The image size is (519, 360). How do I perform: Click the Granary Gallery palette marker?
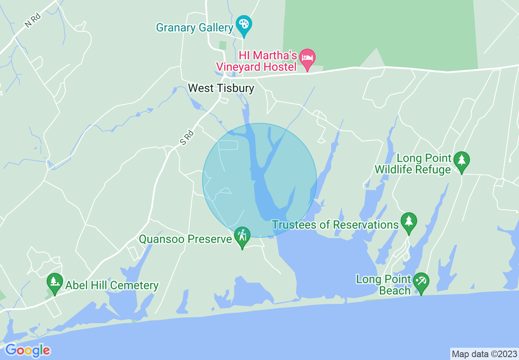pyautogui.click(x=244, y=22)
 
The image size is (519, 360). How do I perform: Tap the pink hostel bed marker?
pyautogui.click(x=307, y=58)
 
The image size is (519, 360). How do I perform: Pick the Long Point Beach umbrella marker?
pyautogui.click(x=421, y=281)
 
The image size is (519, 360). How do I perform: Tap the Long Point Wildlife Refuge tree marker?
pyautogui.click(x=462, y=160)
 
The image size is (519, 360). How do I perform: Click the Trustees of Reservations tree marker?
pyautogui.click(x=408, y=221)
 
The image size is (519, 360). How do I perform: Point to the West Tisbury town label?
pyautogui.click(x=221, y=88)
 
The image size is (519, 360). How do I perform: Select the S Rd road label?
pyautogui.click(x=187, y=137)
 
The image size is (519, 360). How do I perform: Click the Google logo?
pyautogui.click(x=27, y=350)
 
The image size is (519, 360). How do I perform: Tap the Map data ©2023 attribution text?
pyautogui.click(x=484, y=353)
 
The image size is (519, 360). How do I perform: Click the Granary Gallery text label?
pyautogui.click(x=194, y=28)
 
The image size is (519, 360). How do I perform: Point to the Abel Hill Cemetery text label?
pyautogui.click(x=112, y=285)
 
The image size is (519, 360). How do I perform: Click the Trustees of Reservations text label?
pyautogui.click(x=335, y=225)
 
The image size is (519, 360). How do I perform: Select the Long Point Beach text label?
pyautogui.click(x=384, y=285)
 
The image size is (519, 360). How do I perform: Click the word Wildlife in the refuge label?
pyautogui.click(x=413, y=169)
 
